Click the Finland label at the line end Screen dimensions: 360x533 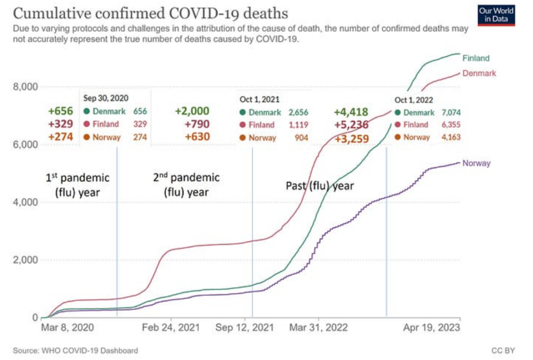coord(476,58)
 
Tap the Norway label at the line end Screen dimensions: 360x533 coord(477,163)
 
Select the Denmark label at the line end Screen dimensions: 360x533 coord(480,73)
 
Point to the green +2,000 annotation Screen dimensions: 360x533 coord(192,111)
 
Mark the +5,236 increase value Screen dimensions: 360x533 coord(351,125)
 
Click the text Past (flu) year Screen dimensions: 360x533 coord(320,185)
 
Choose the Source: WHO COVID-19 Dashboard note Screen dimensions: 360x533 coord(76,351)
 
